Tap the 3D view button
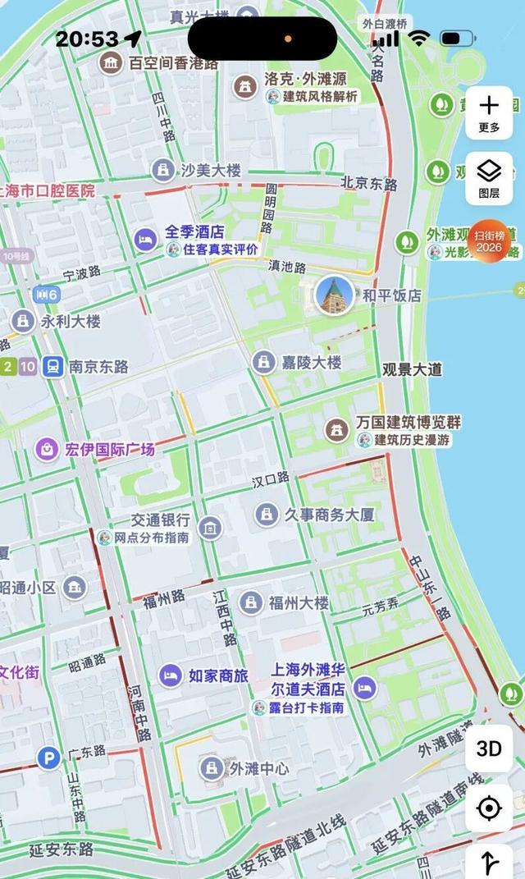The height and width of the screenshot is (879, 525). tap(489, 749)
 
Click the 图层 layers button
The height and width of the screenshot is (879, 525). tap(489, 178)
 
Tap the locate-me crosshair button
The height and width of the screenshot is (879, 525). tap(489, 809)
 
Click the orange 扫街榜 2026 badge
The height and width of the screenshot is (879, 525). tap(489, 241)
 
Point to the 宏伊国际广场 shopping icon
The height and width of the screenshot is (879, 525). tap(46, 449)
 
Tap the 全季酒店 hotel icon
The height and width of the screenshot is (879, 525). tap(145, 239)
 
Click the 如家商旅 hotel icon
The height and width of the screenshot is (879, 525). tap(170, 675)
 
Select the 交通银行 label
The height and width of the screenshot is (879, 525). tap(161, 520)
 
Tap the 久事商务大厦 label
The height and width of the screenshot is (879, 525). tap(329, 515)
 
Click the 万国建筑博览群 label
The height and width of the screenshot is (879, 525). tap(409, 423)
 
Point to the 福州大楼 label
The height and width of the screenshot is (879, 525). tap(300, 603)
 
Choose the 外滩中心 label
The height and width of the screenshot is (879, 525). tap(258, 768)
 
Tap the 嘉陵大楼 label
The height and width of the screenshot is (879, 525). tap(312, 362)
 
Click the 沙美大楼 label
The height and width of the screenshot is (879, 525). tap(211, 170)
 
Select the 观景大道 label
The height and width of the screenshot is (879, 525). tap(412, 369)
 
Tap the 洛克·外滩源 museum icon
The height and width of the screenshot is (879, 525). tap(244, 85)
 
